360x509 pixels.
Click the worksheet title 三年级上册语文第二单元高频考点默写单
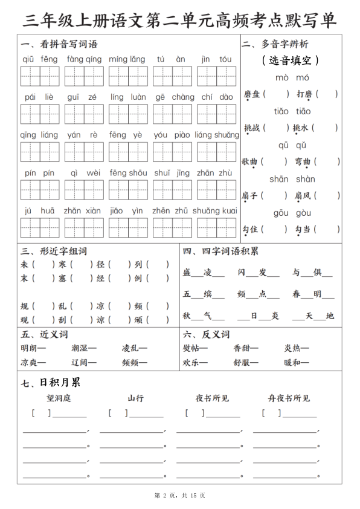[x=179, y=20]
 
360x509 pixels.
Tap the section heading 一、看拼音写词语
[x=59, y=44]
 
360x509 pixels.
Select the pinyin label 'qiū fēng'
[x=40, y=59]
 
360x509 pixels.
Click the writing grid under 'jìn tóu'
[x=216, y=77]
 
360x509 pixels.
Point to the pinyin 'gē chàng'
[x=175, y=97]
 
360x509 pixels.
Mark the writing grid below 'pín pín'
[x=40, y=189]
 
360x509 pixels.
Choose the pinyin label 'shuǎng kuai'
[x=216, y=210]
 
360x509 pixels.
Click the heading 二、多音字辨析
[x=274, y=44]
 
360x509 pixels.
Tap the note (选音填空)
[x=291, y=60]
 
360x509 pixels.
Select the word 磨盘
[x=251, y=94]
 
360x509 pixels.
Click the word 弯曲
[x=303, y=162]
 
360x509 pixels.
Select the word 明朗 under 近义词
[x=30, y=348]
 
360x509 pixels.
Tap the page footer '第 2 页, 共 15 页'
[x=180, y=496]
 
